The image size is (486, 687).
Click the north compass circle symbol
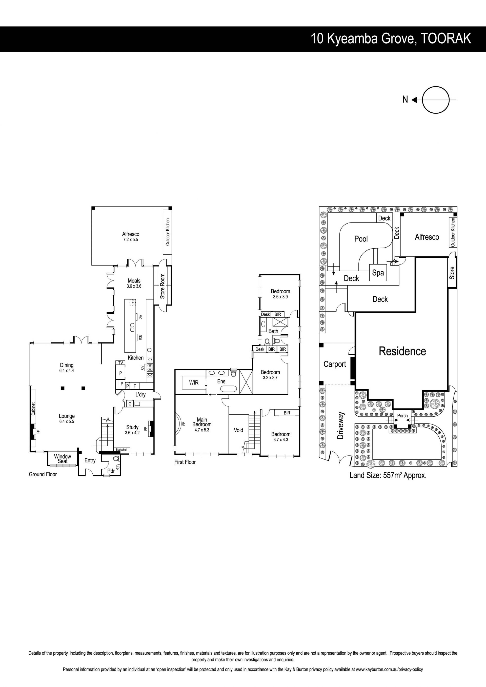(436, 100)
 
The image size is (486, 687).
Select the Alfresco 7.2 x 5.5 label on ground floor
(130, 237)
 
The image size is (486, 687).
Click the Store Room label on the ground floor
(163, 286)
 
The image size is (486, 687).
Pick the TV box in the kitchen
(120, 363)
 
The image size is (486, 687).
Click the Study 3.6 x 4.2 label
(132, 430)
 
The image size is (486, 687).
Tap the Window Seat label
(63, 459)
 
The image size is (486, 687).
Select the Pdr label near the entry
(111, 471)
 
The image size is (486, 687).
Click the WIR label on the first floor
(194, 383)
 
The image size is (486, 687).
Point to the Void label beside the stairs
(238, 430)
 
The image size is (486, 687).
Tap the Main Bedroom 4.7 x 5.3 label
(202, 424)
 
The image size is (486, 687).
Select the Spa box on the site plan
(378, 273)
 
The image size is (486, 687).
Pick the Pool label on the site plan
(361, 239)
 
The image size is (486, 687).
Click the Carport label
(335, 364)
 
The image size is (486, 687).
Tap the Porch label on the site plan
(402, 416)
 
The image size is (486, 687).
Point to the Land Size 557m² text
(388, 475)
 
